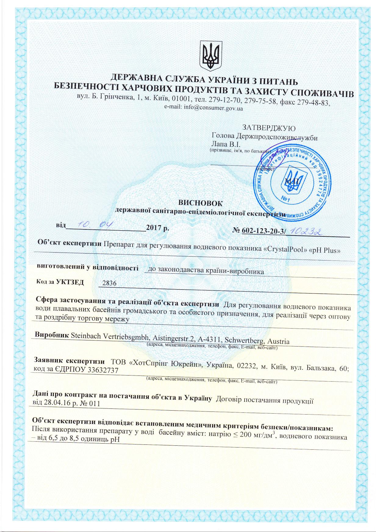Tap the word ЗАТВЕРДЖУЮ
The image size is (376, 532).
tap(268, 127)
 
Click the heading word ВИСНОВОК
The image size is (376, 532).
tap(200, 203)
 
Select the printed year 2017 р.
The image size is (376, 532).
tap(157, 228)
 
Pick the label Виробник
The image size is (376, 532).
tap(52, 334)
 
